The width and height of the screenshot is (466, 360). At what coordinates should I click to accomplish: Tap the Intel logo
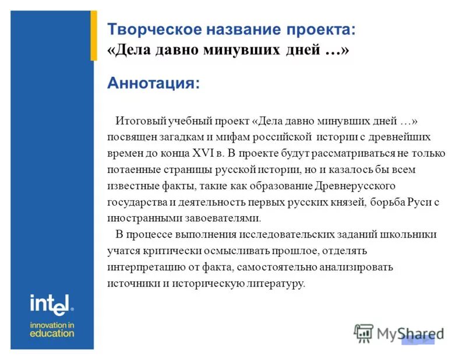tap(52, 303)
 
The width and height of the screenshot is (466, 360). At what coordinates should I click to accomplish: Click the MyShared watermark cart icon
tap(363, 333)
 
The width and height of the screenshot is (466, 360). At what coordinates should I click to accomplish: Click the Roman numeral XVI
tap(202, 154)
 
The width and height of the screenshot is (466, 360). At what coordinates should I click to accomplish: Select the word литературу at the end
tap(275, 284)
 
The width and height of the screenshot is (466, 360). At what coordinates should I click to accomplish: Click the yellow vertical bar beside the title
tap(93, 35)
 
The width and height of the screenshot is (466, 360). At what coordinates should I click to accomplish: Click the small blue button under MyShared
tap(418, 340)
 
